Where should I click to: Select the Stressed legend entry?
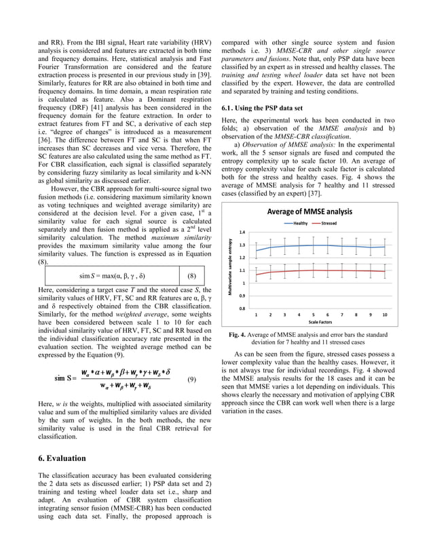point(328,223)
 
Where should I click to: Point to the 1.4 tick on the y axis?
point(242,232)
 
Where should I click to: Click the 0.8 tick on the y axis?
point(242,308)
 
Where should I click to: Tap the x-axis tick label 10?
point(385,315)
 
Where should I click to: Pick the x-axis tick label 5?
point(313,315)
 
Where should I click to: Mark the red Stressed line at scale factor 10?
point(385,272)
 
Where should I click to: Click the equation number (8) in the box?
point(191,276)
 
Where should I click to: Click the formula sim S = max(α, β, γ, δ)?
point(112,276)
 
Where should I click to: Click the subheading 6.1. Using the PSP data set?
point(262,108)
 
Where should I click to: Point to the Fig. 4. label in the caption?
point(237,335)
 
